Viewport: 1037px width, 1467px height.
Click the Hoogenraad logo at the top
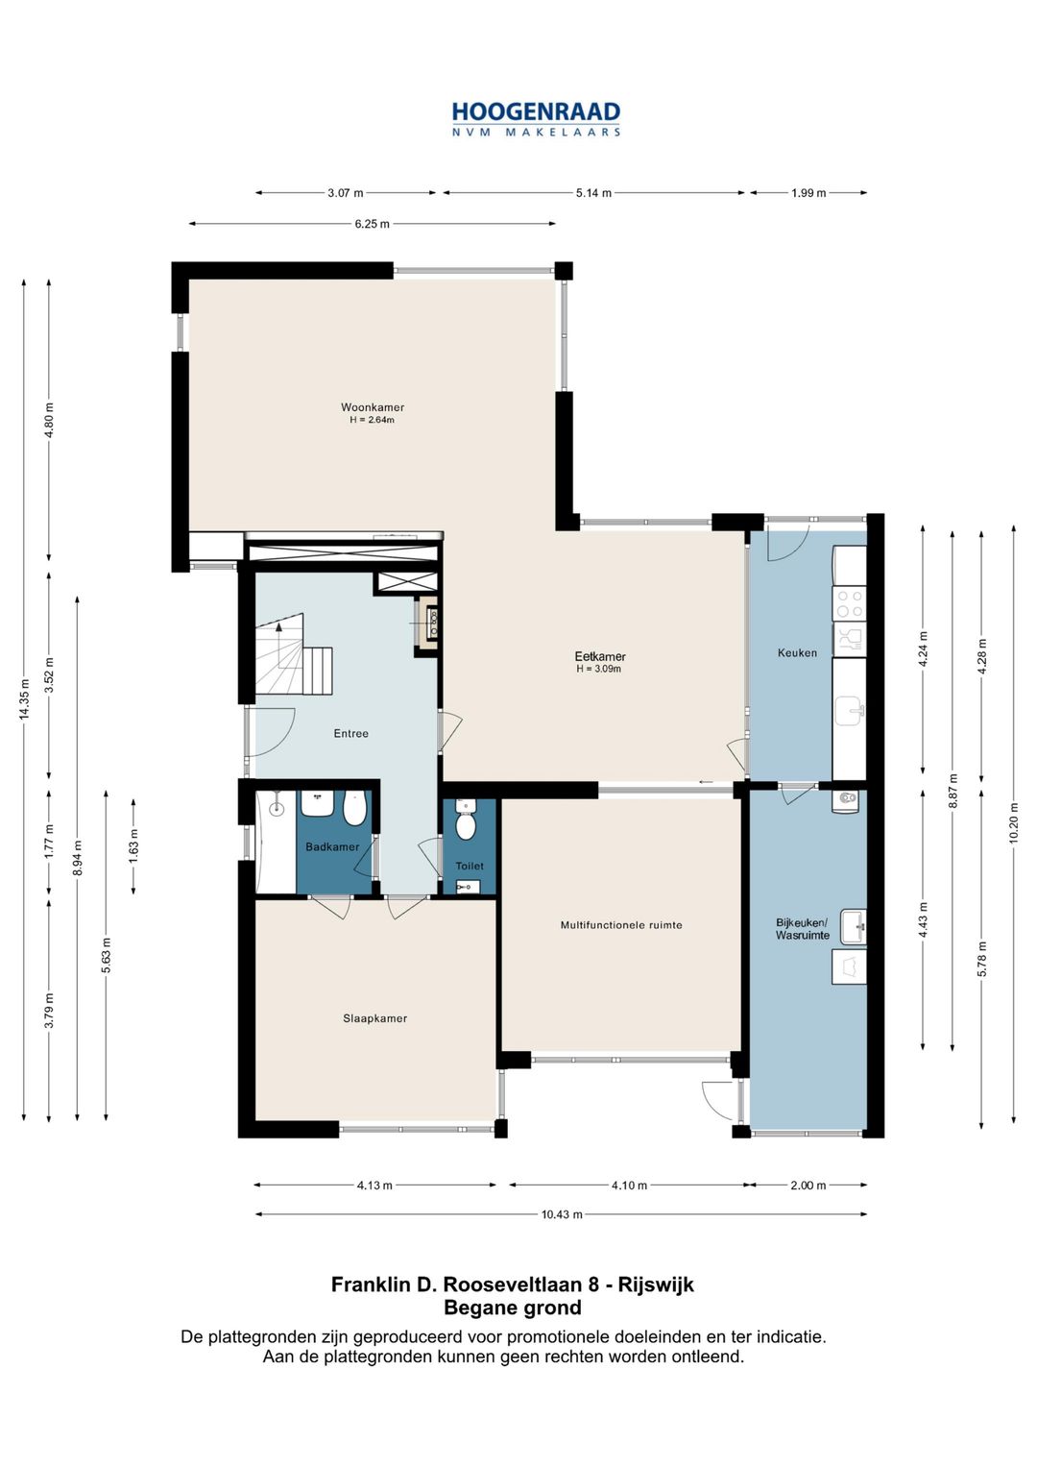536,119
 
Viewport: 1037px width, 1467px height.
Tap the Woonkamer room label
372,407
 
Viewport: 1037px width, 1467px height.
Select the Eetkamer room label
600,656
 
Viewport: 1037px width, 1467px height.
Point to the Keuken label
797,652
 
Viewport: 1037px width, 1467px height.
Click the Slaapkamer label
374,1018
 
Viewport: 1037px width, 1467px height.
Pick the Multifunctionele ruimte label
620,925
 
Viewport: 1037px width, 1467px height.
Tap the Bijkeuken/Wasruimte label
802,929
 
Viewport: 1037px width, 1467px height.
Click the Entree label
350,734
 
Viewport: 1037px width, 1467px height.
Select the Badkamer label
332,846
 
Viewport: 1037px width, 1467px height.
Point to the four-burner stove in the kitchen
849,604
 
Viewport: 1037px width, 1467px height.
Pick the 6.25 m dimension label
372,224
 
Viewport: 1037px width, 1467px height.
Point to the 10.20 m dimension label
1013,823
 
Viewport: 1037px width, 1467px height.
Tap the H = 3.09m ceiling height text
598,670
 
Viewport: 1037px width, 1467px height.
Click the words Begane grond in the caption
513,1308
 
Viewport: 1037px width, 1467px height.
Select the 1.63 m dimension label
133,846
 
